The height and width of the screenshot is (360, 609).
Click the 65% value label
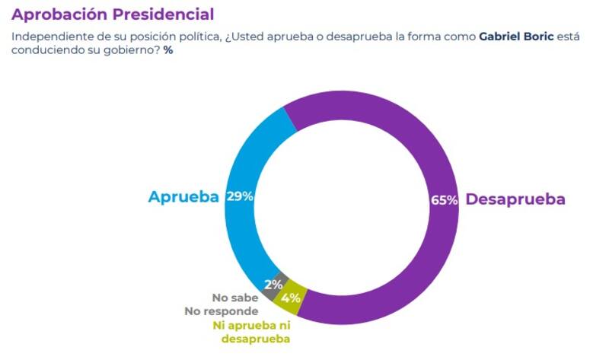click(x=444, y=200)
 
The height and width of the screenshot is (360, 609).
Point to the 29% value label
click(x=240, y=196)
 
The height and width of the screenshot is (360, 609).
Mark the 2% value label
click(x=273, y=284)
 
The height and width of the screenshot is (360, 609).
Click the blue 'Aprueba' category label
click(x=183, y=196)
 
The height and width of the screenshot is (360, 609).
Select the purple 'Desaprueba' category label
click(x=515, y=199)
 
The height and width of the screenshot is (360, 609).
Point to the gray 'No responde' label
click(x=222, y=311)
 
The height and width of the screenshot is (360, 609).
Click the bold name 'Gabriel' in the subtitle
click(x=502, y=37)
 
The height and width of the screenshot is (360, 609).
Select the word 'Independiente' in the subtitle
click(x=46, y=37)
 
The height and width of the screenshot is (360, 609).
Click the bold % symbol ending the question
click(x=168, y=50)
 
